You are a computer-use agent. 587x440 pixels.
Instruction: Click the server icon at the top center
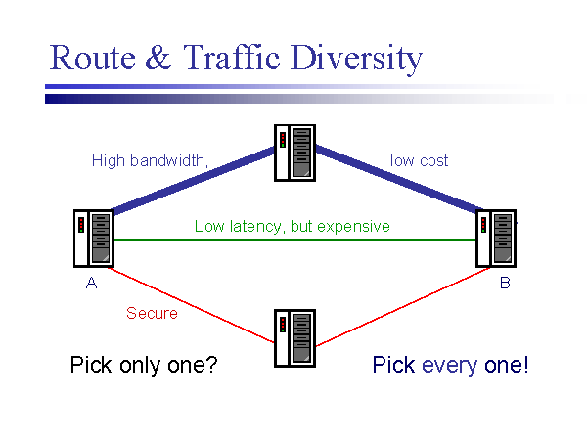294,153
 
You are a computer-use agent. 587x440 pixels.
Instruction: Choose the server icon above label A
93,239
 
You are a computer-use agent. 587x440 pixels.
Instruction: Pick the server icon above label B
495,239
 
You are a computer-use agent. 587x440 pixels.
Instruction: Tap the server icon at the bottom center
294,338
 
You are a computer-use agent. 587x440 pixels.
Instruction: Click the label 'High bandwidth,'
151,160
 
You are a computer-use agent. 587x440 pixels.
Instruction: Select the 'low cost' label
419,160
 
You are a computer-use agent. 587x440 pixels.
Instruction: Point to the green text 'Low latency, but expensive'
292,227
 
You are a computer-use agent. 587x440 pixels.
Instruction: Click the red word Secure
152,314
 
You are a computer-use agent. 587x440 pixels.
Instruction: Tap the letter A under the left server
91,284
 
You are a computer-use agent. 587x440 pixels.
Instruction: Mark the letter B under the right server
505,284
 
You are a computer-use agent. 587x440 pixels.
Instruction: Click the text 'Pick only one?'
143,366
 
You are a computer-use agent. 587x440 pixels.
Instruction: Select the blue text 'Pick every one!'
450,366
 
